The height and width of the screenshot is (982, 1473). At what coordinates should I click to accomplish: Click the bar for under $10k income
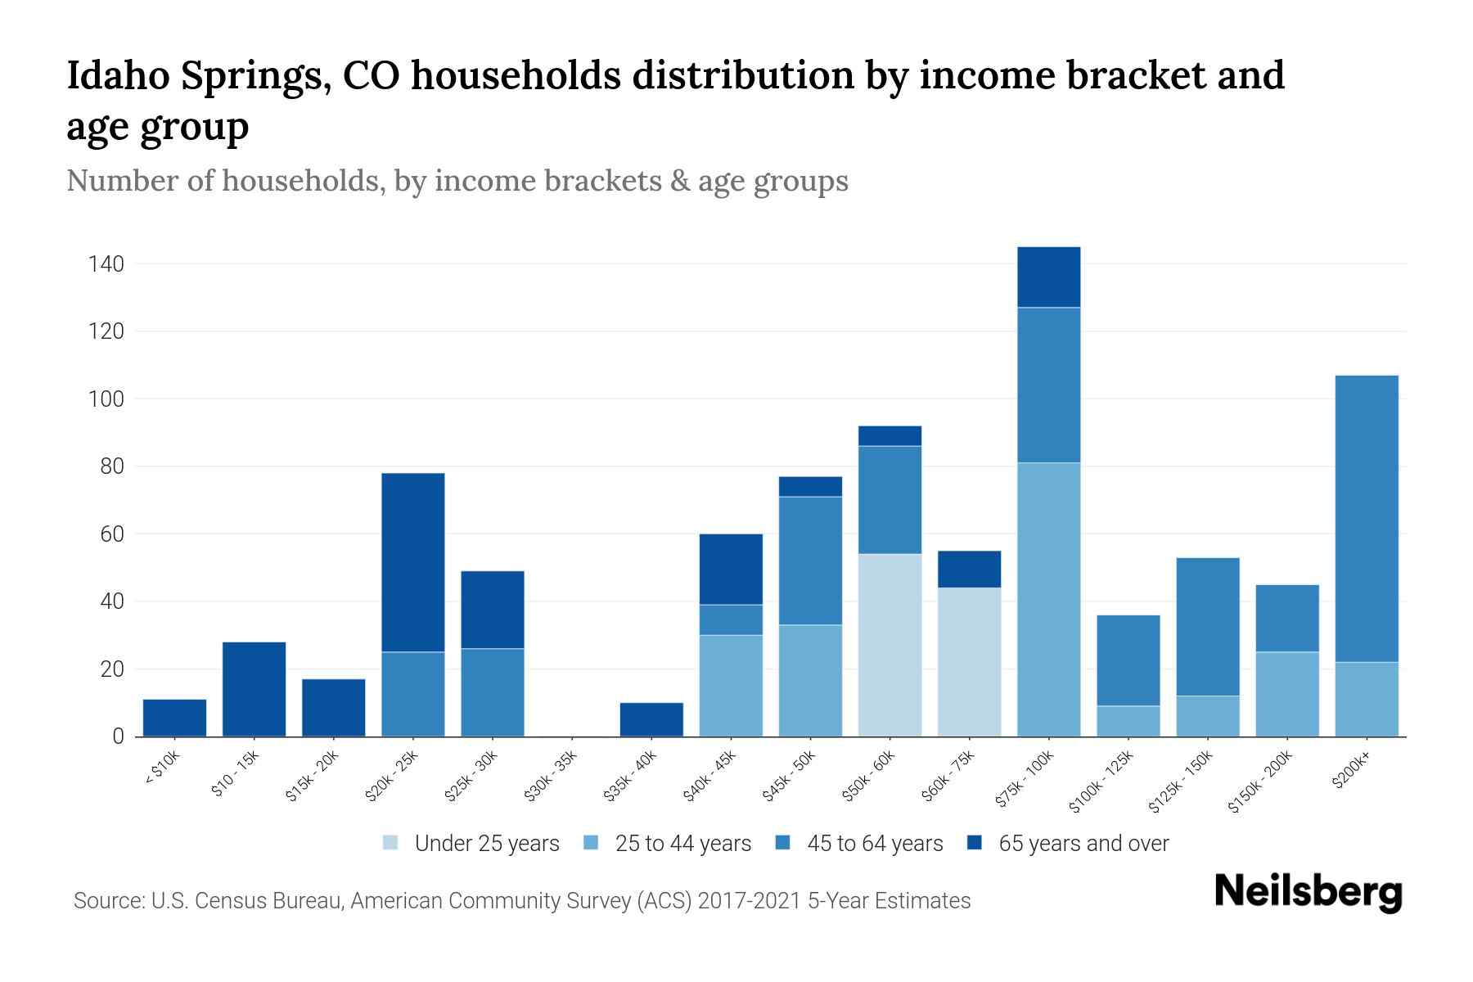174,718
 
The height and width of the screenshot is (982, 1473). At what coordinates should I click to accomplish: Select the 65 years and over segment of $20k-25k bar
412,562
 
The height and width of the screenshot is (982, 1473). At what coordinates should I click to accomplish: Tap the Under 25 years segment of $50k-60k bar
890,645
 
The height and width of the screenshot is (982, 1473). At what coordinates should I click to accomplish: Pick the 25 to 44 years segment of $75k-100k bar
1048,599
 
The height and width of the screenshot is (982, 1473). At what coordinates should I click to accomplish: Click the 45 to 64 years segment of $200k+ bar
1366,518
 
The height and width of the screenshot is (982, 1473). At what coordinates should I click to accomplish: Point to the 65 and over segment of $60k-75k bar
969,569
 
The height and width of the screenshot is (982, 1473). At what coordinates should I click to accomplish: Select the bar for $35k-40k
651,719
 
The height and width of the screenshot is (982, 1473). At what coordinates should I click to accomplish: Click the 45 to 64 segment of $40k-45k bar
731,619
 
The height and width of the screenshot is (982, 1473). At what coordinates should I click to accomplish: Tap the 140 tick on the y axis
106,264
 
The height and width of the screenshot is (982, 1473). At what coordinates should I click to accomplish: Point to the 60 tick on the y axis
111,534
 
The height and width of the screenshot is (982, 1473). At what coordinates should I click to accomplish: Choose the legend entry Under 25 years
486,844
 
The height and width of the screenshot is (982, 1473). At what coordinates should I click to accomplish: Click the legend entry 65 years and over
1083,844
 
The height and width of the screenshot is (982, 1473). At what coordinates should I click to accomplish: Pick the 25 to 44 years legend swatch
592,843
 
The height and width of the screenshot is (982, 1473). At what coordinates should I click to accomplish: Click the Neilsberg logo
1308,892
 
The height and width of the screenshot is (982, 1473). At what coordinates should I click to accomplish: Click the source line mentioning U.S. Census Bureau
521,901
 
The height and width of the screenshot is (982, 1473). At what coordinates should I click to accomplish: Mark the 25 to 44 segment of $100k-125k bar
1128,721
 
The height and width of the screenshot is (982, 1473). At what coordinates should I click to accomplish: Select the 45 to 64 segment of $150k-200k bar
1286,618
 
